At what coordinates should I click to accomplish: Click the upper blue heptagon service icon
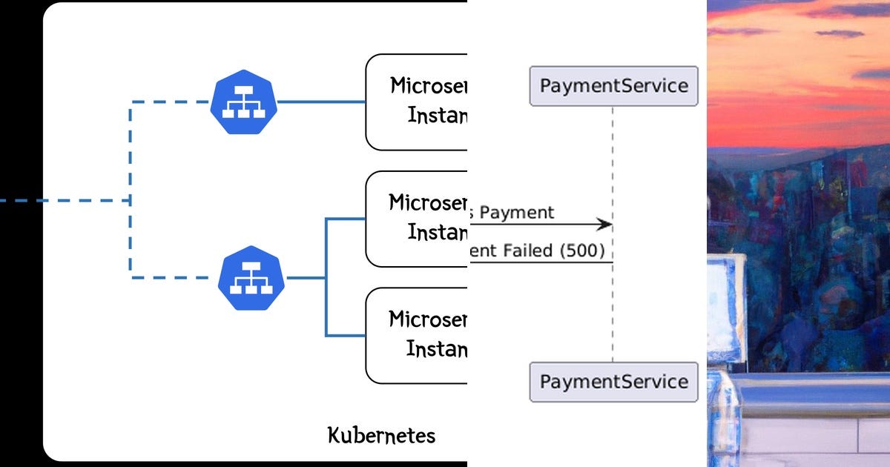coord(243,102)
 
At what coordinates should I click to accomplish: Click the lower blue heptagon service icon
coord(252,278)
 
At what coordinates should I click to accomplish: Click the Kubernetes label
coord(381,435)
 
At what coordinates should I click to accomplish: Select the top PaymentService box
coord(613,86)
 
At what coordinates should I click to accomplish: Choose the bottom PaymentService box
coord(613,382)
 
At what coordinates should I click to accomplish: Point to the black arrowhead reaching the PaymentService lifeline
coord(604,224)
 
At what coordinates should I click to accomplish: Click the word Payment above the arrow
coord(520,213)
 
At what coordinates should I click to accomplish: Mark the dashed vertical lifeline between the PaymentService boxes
coord(613,311)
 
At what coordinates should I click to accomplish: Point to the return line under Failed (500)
coord(541,262)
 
